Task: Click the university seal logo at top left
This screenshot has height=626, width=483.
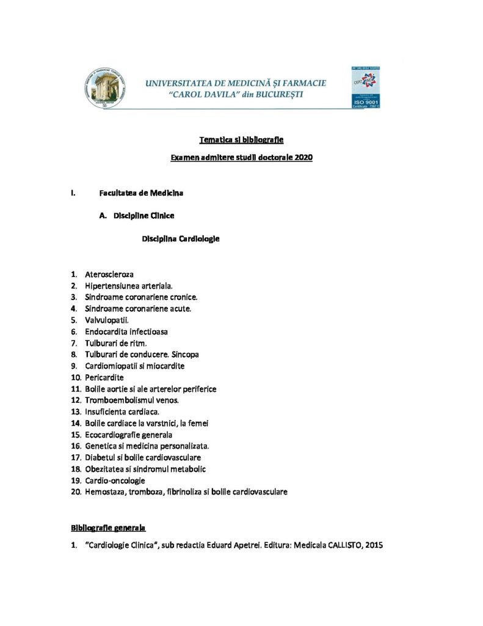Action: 104,87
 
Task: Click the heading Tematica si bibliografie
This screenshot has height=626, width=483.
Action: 241,140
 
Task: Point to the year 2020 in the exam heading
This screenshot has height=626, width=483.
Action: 303,158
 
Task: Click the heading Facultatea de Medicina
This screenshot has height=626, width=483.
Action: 142,193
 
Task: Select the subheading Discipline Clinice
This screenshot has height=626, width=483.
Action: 144,215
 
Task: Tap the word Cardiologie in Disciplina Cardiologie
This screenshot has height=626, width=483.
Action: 199,238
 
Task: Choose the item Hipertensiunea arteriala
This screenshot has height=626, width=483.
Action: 129,285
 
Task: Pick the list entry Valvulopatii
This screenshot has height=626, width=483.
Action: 107,320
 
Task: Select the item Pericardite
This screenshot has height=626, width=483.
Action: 104,377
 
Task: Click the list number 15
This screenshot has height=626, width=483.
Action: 76,435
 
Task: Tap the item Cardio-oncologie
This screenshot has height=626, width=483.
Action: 115,481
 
